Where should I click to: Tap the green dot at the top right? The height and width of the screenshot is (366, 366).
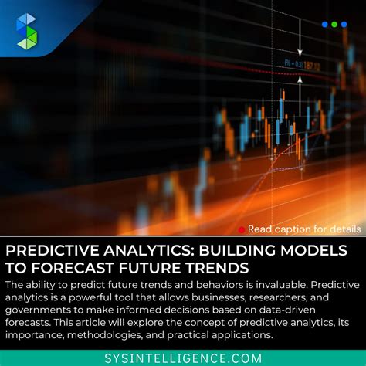click(334, 25)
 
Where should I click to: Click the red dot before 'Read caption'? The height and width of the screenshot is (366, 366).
click(242, 229)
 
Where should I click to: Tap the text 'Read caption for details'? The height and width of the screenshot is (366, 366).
click(303, 229)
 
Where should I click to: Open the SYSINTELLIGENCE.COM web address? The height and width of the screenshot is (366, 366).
click(183, 357)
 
